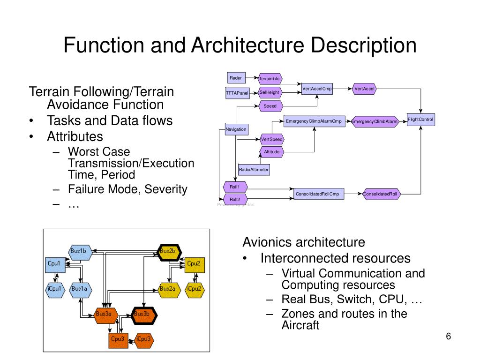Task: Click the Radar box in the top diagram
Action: [235, 78]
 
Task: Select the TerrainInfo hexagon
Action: [270, 78]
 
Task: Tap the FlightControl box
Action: [420, 120]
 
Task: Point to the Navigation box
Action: [236, 129]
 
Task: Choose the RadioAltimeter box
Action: [254, 170]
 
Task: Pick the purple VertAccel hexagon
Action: [364, 89]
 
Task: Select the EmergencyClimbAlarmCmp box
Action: [314, 122]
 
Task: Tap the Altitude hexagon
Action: [271, 152]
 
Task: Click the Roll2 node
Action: [235, 199]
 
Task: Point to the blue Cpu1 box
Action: [54, 264]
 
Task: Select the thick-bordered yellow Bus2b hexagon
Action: [167, 251]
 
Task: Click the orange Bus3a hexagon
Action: [104, 314]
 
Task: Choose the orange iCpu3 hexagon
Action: [143, 339]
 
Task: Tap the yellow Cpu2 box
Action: [194, 264]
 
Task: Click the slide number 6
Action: [448, 337]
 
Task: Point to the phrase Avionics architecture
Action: [303, 242]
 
